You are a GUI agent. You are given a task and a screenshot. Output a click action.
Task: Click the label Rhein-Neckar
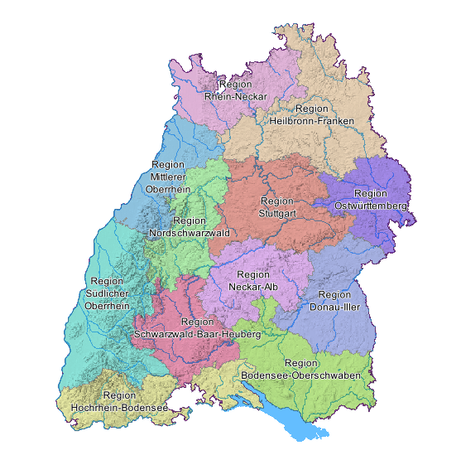(x=236, y=96)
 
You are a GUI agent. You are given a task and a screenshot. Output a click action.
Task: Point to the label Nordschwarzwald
(x=190, y=234)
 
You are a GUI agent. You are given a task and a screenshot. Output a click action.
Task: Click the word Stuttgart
(x=276, y=213)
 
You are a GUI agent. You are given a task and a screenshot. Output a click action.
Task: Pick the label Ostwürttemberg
(x=371, y=205)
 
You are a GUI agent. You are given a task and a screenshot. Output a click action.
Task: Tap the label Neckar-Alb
(x=252, y=287)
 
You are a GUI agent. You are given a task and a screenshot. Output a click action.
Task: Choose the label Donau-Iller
(x=334, y=307)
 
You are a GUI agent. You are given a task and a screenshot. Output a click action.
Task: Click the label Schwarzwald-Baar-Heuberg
(x=197, y=334)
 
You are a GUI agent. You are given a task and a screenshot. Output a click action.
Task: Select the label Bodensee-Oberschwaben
(x=300, y=375)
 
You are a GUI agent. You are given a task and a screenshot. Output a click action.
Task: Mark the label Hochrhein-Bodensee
(x=120, y=408)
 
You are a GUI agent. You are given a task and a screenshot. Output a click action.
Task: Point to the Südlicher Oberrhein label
(x=107, y=294)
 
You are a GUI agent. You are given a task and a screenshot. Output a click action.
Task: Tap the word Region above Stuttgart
(x=276, y=201)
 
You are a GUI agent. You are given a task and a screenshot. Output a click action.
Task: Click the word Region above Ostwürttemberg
(x=370, y=193)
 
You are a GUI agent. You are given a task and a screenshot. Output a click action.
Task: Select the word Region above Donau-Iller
(x=334, y=295)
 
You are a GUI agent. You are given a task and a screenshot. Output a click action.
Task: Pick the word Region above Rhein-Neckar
(x=236, y=85)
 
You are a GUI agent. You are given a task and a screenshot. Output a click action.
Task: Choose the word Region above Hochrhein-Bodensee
(x=120, y=396)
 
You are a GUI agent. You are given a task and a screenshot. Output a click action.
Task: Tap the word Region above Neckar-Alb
(x=253, y=275)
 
